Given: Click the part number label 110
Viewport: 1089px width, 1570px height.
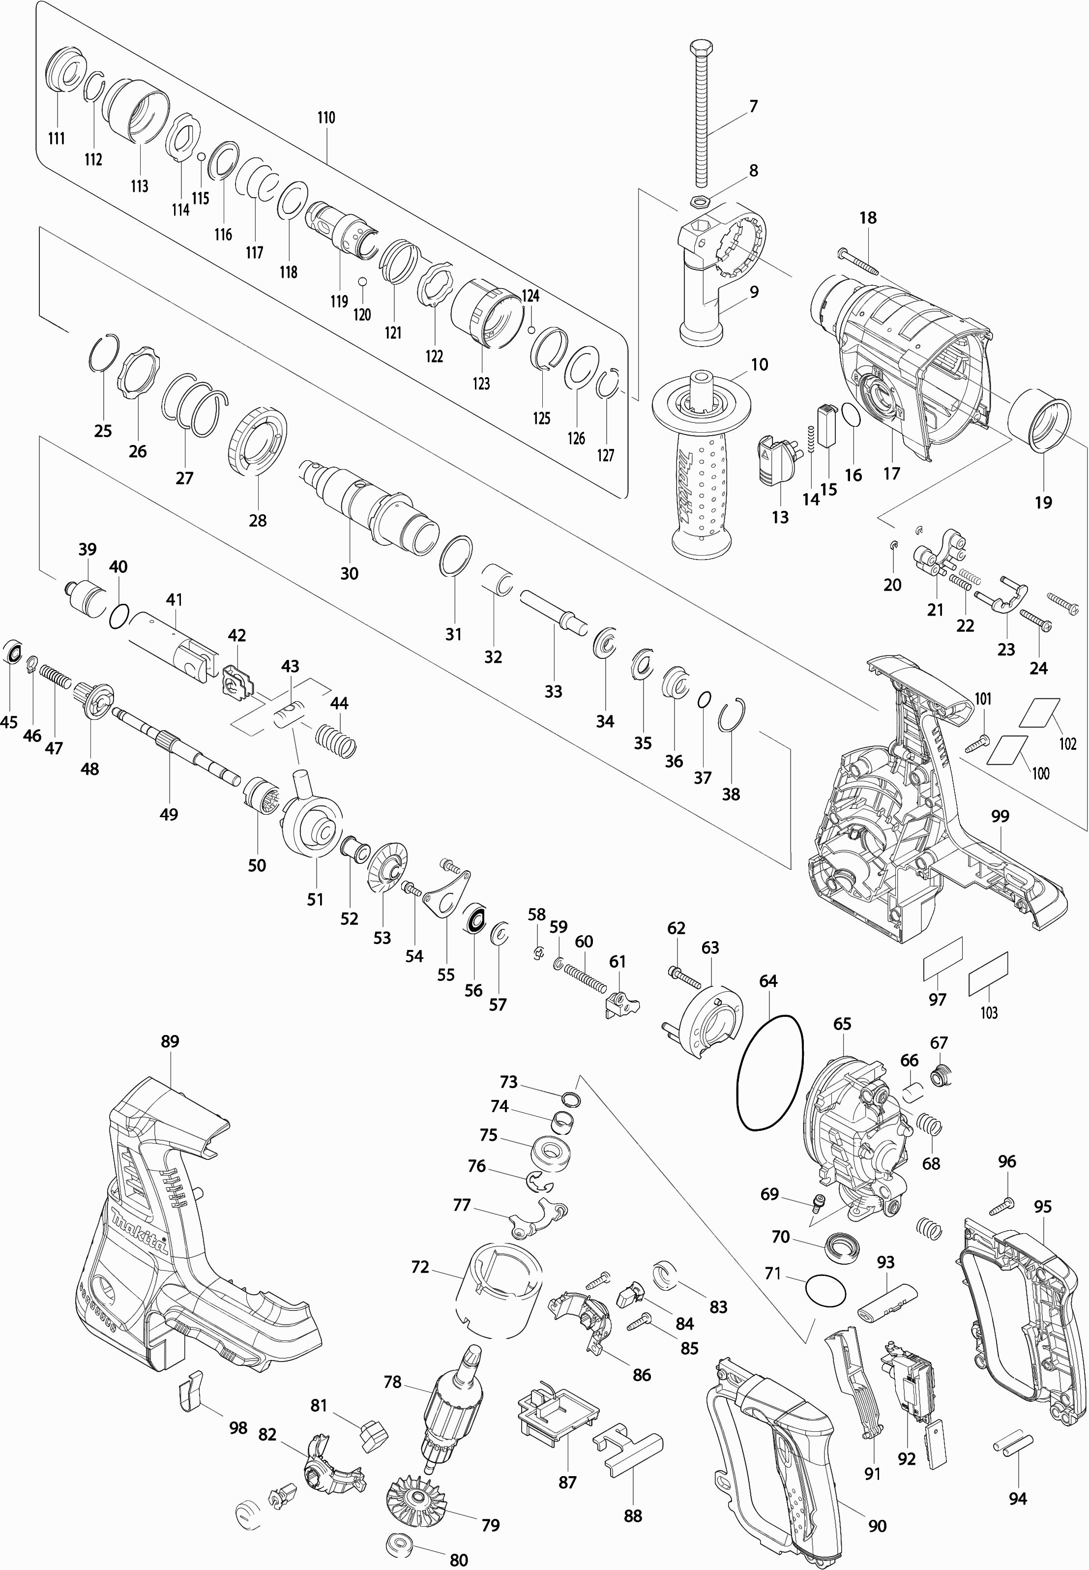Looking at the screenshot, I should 326,118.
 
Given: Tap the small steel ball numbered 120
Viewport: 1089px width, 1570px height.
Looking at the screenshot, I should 362,282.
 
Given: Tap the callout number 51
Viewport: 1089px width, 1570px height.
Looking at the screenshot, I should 315,899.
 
